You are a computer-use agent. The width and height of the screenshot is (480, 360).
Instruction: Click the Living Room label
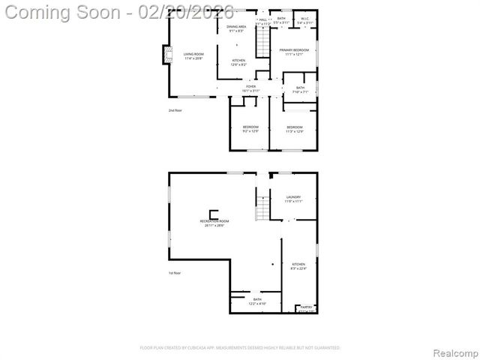(x=193, y=54)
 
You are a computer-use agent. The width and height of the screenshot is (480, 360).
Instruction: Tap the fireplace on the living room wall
(x=166, y=55)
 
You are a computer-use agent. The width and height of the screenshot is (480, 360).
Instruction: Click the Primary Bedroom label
(x=296, y=50)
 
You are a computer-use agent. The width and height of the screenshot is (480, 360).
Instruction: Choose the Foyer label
(x=250, y=87)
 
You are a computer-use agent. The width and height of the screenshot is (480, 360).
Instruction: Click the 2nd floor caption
(x=175, y=110)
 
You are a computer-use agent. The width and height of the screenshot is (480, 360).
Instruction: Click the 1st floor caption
(x=174, y=273)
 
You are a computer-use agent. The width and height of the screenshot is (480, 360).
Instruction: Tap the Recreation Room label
(x=214, y=220)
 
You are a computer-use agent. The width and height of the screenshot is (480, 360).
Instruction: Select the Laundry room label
(x=293, y=197)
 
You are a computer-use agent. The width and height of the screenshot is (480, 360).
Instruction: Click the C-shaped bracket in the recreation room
(x=214, y=213)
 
